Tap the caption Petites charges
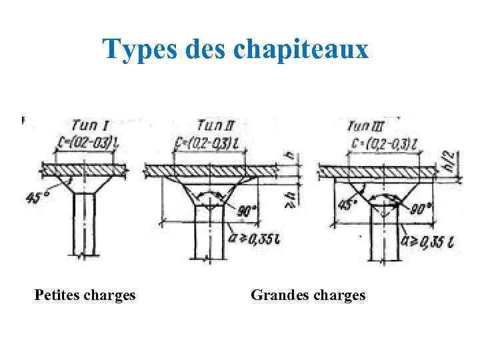(x=85, y=295)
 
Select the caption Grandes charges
(x=308, y=295)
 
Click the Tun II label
(x=215, y=125)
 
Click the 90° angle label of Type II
(x=247, y=211)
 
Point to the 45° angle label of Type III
(x=345, y=203)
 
